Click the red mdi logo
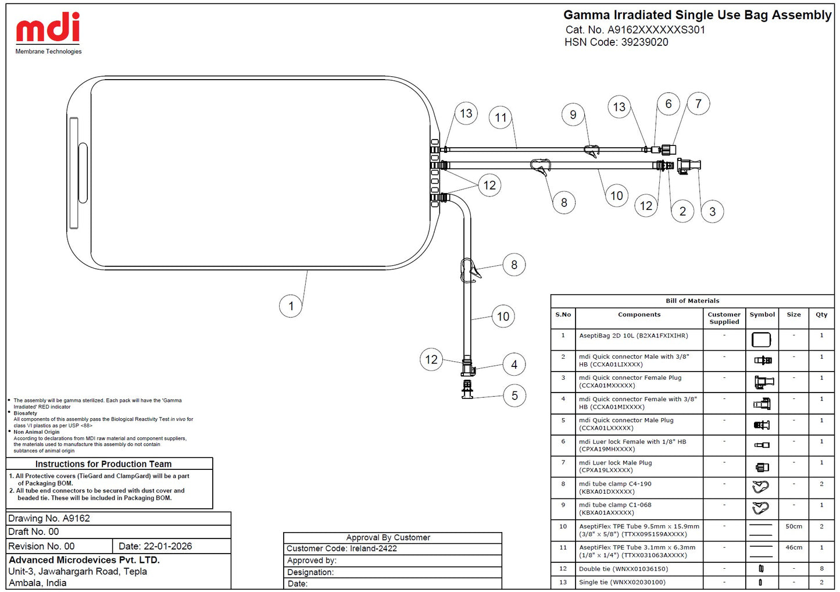point(48,27)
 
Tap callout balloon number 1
point(291,306)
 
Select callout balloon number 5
point(514,395)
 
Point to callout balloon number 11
point(501,118)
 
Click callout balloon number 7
point(698,104)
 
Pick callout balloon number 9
point(573,115)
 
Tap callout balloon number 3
point(713,211)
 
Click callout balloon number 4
point(514,364)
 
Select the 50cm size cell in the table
point(794,526)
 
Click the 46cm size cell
point(794,547)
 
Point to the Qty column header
point(821,315)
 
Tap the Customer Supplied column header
point(724,318)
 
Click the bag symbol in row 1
point(762,340)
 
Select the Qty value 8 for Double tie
point(821,568)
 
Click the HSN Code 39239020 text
point(616,42)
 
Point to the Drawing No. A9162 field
point(49,518)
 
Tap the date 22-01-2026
point(167,546)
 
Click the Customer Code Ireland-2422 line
point(342,548)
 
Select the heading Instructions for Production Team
point(103,463)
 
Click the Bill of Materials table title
point(692,301)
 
